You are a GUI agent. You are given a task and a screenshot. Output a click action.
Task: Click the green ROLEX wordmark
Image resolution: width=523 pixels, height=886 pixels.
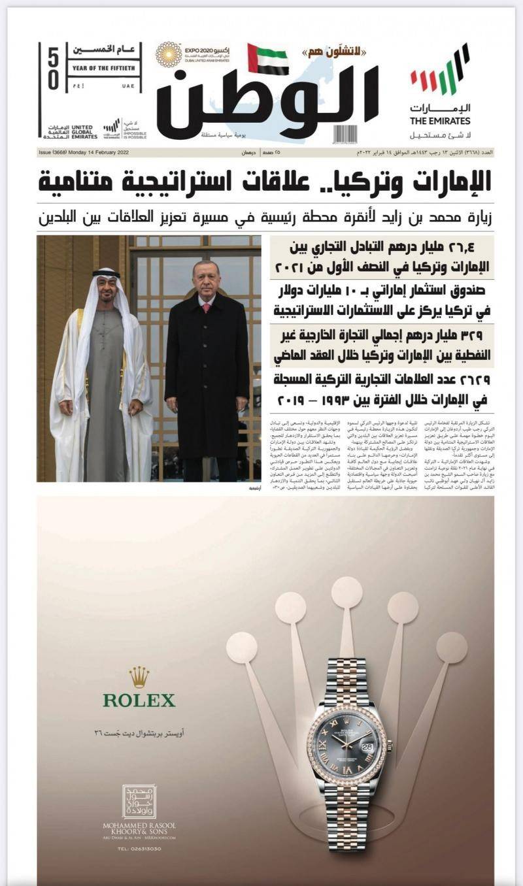point(139,700)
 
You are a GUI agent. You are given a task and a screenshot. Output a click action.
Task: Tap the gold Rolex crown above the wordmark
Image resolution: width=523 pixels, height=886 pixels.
point(139,677)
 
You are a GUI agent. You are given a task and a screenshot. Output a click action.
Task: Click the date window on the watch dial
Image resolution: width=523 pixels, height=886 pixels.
point(367,746)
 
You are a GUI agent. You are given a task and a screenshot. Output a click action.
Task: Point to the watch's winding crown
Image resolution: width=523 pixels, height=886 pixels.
point(390,744)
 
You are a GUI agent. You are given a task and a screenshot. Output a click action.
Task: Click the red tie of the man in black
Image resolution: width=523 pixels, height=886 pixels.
point(207,306)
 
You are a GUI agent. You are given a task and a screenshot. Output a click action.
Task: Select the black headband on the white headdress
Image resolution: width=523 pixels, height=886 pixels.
point(107,274)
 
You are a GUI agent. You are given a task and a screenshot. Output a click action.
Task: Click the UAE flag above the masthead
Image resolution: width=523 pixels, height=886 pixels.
point(268,59)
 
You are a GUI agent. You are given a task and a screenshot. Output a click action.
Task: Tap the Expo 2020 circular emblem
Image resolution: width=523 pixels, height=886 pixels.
point(169,55)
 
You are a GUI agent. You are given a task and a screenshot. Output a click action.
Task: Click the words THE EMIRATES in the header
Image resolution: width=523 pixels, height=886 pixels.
point(440,121)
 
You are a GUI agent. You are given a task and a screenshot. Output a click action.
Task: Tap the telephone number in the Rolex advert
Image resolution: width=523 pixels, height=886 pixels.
point(139,849)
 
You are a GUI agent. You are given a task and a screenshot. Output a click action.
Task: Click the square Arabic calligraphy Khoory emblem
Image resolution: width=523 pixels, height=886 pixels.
point(139,802)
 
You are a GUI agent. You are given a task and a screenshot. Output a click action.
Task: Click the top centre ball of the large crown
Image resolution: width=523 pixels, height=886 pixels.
point(346,592)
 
